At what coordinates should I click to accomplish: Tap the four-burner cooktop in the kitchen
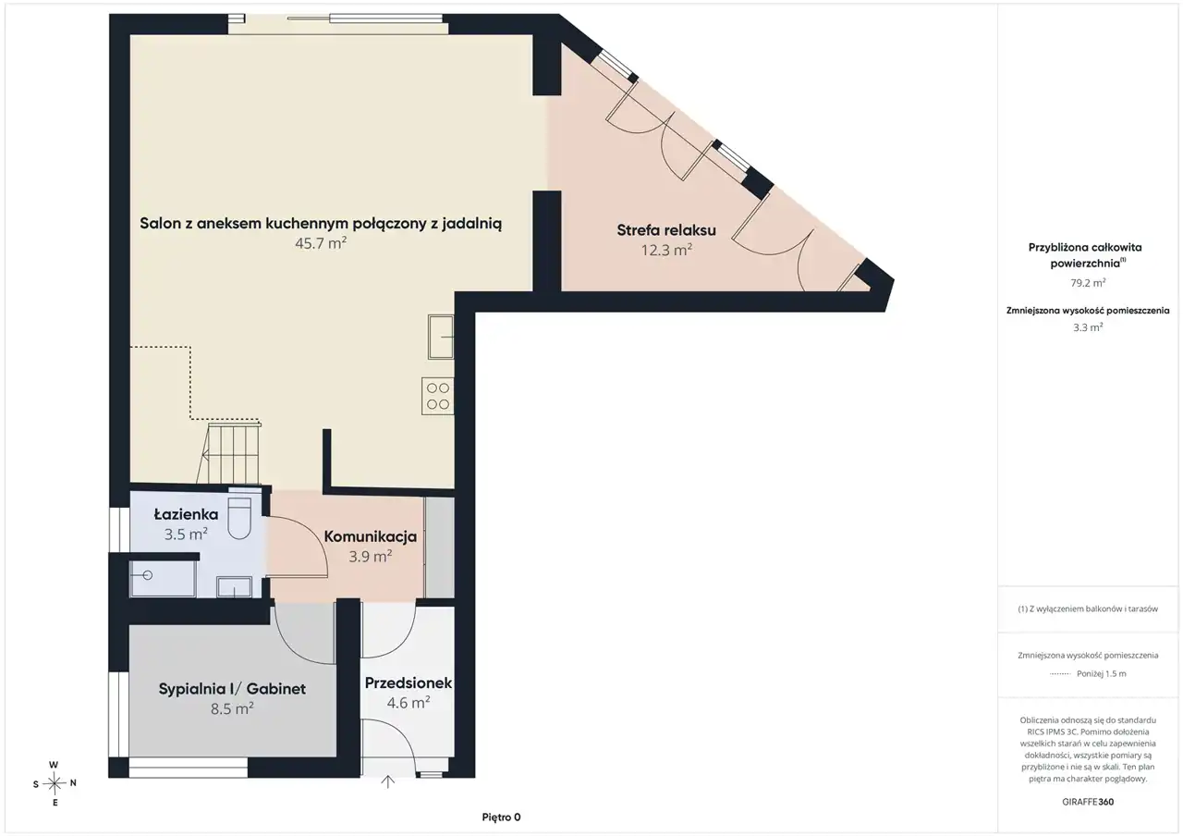(x=438, y=396)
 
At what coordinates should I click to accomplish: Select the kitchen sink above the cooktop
(x=441, y=338)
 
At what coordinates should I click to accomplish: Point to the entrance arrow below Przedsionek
(x=387, y=781)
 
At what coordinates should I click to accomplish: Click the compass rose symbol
(x=55, y=783)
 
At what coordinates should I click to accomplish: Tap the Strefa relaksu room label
(x=666, y=230)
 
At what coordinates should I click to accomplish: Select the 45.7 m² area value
(x=321, y=243)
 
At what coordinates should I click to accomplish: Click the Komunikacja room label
(x=371, y=536)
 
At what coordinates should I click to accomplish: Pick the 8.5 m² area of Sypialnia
(x=232, y=708)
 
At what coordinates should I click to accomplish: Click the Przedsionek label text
(x=409, y=682)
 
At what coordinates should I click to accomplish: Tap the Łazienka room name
(x=186, y=513)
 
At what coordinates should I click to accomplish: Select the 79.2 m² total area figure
(x=1088, y=283)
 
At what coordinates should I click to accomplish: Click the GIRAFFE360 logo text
(x=1088, y=802)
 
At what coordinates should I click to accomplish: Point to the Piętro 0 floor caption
(x=501, y=817)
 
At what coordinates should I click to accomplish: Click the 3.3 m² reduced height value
(x=1088, y=327)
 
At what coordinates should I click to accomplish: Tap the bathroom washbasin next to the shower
(x=234, y=586)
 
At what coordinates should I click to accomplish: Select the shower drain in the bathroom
(x=147, y=575)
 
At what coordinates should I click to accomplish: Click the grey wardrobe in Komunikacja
(x=439, y=547)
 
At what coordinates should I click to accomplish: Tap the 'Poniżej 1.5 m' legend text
(x=1102, y=674)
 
